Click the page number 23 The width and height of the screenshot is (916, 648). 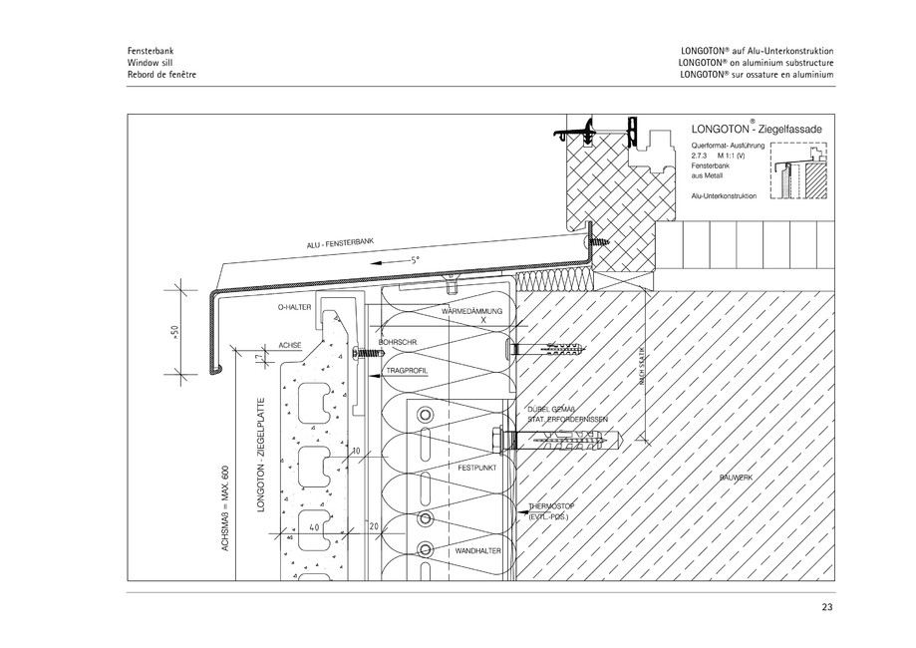(826, 608)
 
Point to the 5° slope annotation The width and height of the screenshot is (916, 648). (414, 259)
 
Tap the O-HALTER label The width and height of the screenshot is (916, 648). (294, 309)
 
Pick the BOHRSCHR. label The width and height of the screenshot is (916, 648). (399, 342)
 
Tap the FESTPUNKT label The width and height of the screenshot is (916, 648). (477, 467)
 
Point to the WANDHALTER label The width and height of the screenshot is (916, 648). (475, 550)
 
